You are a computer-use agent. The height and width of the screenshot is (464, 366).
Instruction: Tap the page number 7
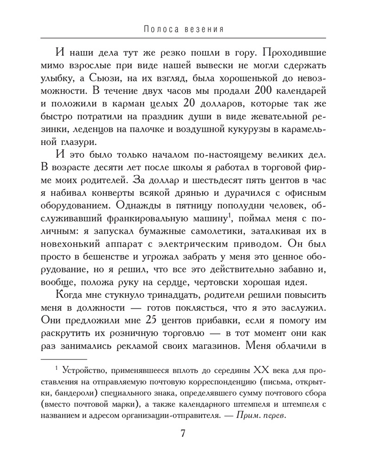click(x=182, y=434)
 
